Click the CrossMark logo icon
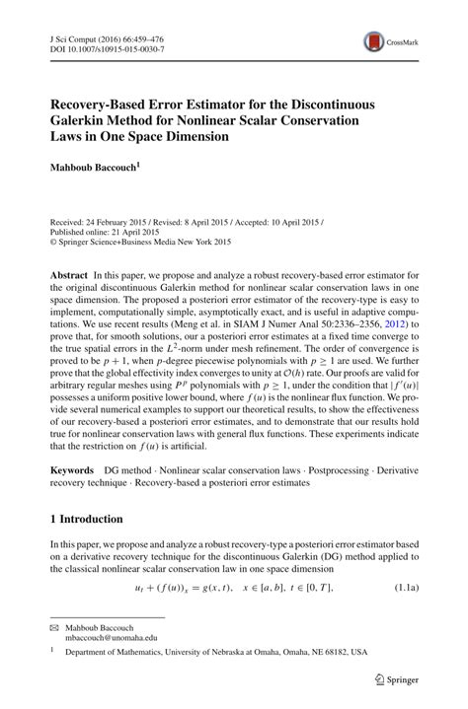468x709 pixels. click(x=375, y=41)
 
